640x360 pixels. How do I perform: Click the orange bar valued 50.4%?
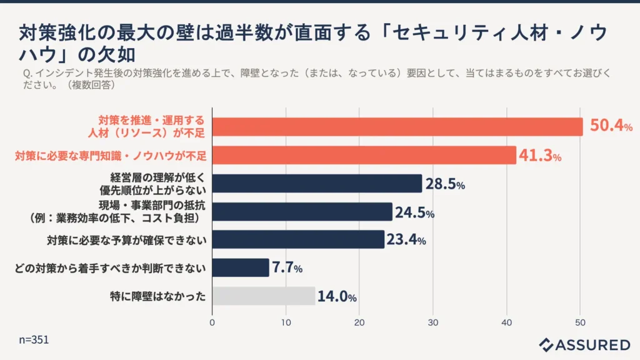click(397, 127)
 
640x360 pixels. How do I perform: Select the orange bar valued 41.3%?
click(364, 155)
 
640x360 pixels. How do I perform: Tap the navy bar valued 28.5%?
click(317, 183)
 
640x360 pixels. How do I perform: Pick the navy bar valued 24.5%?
click(302, 212)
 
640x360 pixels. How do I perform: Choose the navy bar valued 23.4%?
click(298, 239)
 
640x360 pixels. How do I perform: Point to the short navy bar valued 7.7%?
click(241, 267)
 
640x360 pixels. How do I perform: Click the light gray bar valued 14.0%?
click(264, 296)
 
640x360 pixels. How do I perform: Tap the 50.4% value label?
click(611, 126)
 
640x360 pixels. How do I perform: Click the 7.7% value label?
click(287, 268)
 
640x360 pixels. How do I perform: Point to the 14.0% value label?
click(337, 296)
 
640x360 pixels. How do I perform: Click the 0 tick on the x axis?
click(212, 322)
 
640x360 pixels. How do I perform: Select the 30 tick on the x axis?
click(433, 322)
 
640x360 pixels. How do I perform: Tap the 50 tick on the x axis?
click(580, 322)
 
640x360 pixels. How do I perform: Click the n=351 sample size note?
click(34, 340)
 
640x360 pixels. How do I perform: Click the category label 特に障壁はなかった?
click(157, 296)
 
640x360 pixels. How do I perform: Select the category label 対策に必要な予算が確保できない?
click(127, 239)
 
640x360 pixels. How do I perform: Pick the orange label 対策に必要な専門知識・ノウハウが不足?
click(111, 155)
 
